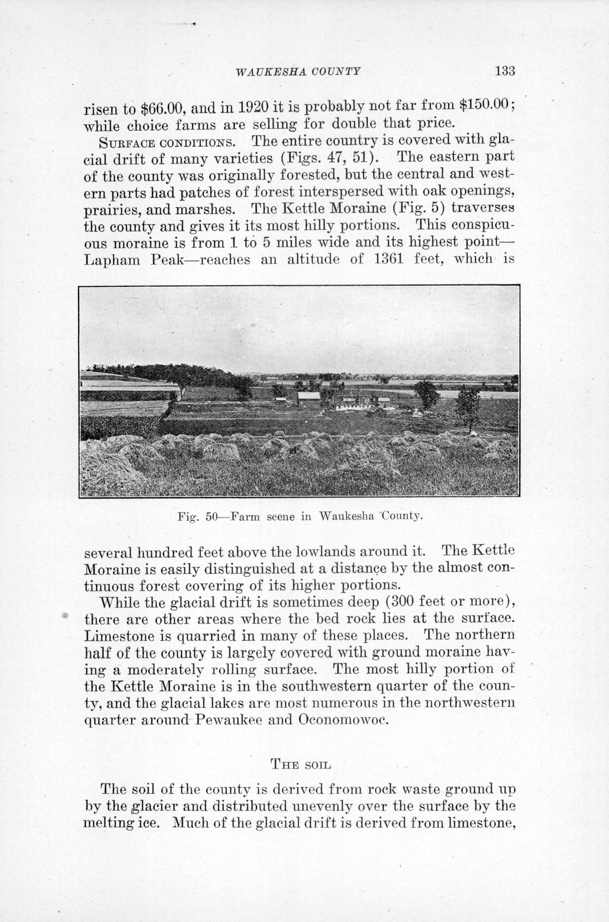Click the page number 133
coord(505,71)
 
